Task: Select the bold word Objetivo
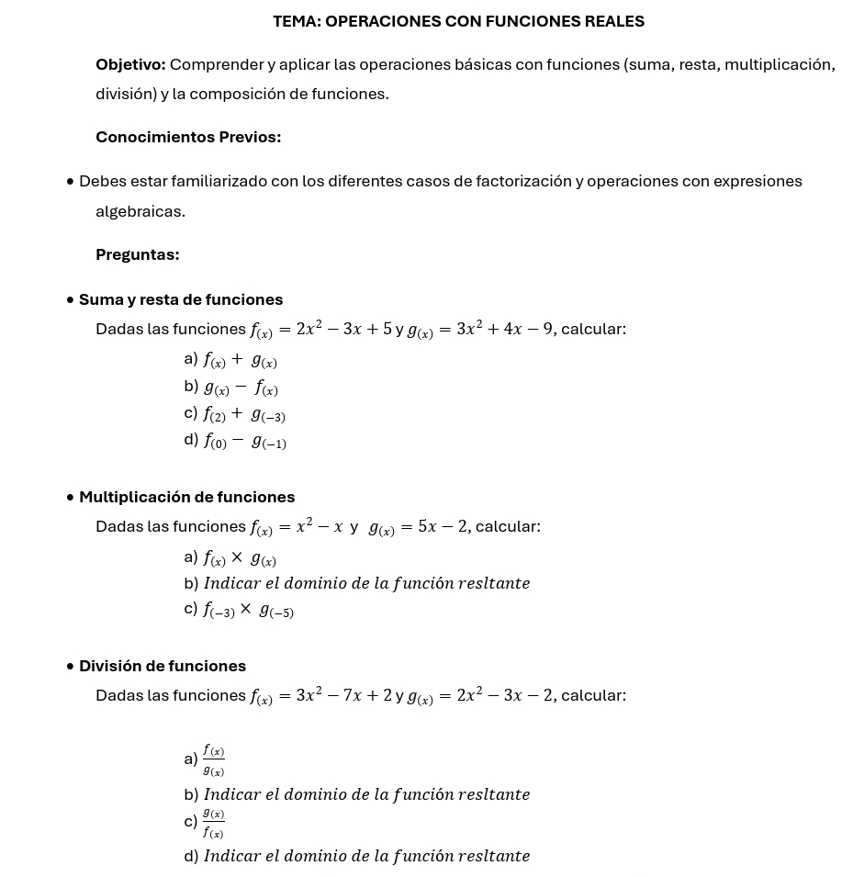[x=130, y=64]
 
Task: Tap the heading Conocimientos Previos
[x=188, y=137]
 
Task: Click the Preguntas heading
[x=137, y=254]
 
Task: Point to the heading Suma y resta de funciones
[x=181, y=299]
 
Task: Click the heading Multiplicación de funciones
[x=186, y=497]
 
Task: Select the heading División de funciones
[x=163, y=666]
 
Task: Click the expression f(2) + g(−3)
[x=244, y=414]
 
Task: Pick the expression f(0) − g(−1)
[x=244, y=441]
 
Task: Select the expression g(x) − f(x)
[x=241, y=388]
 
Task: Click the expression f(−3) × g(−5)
[x=248, y=610]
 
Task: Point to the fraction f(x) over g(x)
[x=214, y=760]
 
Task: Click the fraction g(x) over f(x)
[x=214, y=823]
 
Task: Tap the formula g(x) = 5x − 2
[x=418, y=527]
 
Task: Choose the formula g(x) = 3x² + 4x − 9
[x=480, y=329]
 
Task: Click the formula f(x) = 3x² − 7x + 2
[x=321, y=696]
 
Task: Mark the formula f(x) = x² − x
[x=297, y=527]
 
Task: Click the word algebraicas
[x=140, y=211]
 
